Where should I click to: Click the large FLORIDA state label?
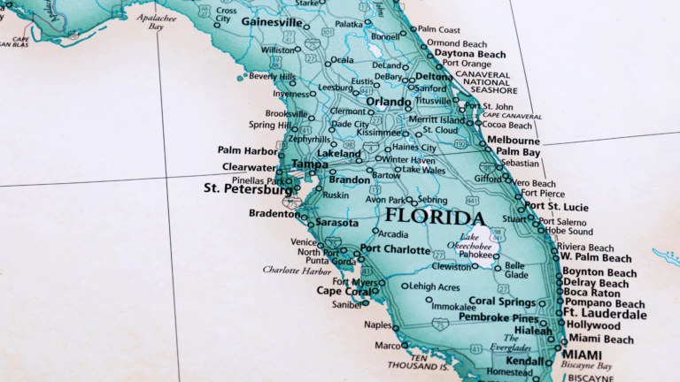tap(435, 218)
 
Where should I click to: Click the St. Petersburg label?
tap(247, 188)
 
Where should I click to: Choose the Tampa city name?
tap(310, 164)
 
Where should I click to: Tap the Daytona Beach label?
tap(470, 54)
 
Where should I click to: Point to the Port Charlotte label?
tap(395, 248)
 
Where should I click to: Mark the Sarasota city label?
tap(336, 223)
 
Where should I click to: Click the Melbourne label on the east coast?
tap(514, 141)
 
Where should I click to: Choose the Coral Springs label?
tap(502, 301)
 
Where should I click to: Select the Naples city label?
tap(377, 325)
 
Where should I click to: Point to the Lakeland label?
tap(339, 153)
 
